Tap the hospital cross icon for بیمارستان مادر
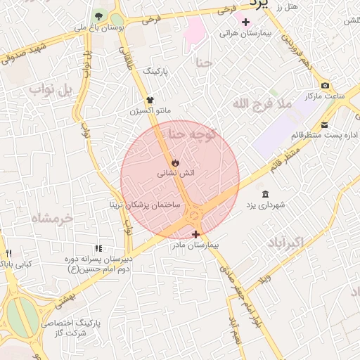[x=195, y=234]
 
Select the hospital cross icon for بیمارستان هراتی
[x=245, y=22]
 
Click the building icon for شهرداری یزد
[x=264, y=194]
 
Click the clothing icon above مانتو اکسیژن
[x=150, y=101]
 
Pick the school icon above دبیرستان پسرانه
[x=98, y=248]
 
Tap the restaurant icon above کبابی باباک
[x=9, y=253]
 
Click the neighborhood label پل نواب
[x=56, y=90]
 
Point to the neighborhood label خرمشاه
[x=51, y=219]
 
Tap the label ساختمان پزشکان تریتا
[x=143, y=205]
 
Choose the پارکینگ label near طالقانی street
[x=157, y=72]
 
